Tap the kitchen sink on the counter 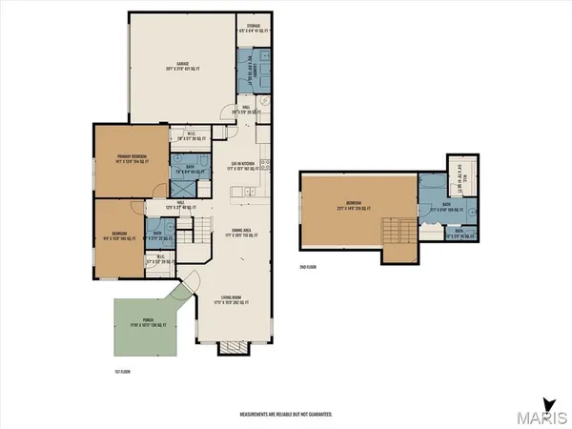pos(246,194)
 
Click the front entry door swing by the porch pos(193,283)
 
